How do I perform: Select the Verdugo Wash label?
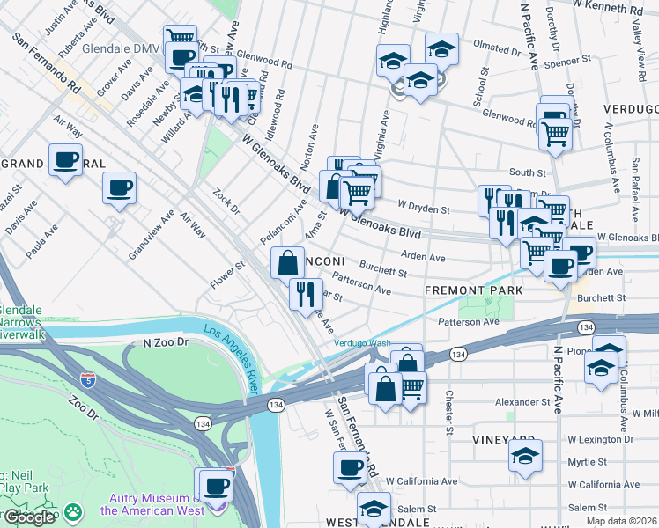(361, 343)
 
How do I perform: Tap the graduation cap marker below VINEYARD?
(525, 456)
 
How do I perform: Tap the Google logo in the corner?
(29, 517)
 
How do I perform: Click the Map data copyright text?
(621, 522)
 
